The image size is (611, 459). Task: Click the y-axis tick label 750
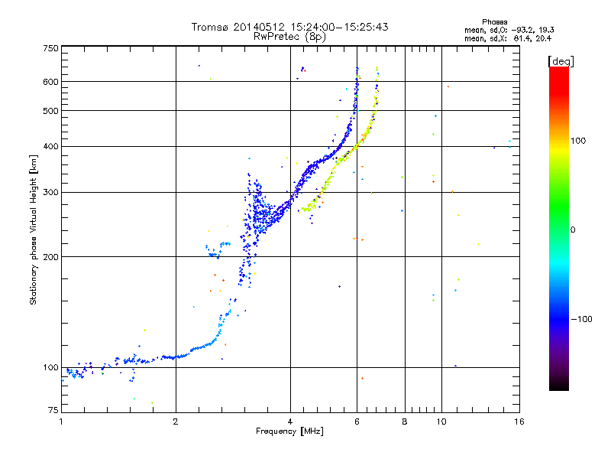click(x=51, y=48)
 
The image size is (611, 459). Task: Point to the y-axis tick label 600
click(x=51, y=81)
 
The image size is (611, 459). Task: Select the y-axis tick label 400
click(x=51, y=146)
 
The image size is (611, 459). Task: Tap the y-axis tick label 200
click(x=51, y=256)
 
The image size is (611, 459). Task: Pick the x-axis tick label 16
click(x=519, y=422)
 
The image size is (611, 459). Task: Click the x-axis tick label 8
click(x=405, y=422)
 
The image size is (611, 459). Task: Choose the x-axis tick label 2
click(x=176, y=422)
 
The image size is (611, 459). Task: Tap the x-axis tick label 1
click(x=62, y=422)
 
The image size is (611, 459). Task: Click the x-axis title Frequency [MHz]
click(x=290, y=432)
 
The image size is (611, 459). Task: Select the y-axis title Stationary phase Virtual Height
click(x=34, y=229)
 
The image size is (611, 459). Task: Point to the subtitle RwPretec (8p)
click(x=290, y=36)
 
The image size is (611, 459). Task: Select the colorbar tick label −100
click(x=585, y=319)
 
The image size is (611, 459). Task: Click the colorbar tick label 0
click(x=574, y=229)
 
